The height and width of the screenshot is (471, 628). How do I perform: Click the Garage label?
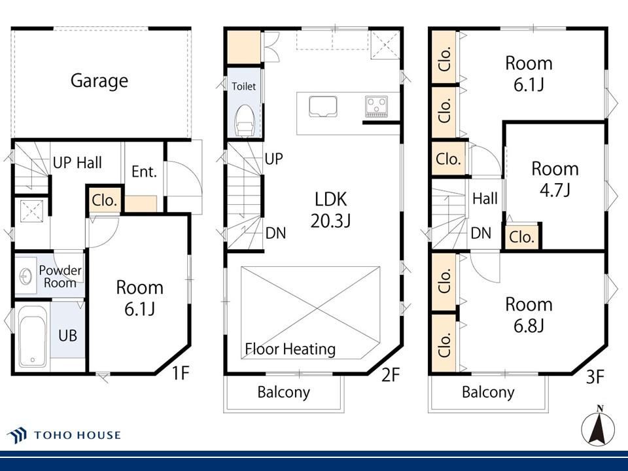click(x=99, y=81)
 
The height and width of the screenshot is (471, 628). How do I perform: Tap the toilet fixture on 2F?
click(x=245, y=120)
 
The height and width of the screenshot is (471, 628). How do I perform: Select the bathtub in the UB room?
click(x=33, y=336)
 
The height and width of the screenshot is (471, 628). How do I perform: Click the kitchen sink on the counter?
click(x=323, y=107)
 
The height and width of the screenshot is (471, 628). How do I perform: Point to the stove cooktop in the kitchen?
click(x=377, y=106)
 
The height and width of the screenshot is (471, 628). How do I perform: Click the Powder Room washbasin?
click(x=26, y=276)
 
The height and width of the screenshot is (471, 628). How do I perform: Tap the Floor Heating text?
click(x=290, y=349)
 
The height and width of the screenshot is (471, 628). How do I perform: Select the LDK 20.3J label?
click(x=330, y=209)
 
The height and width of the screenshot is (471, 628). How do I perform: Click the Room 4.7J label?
click(x=555, y=179)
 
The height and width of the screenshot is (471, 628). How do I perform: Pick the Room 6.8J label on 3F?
click(x=529, y=315)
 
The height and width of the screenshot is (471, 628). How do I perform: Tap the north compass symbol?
click(x=598, y=427)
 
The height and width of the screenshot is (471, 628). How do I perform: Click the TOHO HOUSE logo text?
click(x=77, y=435)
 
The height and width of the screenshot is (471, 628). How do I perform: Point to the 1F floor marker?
click(x=181, y=373)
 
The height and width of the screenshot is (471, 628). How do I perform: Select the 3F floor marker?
click(x=595, y=377)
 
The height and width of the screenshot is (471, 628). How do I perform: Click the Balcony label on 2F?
click(x=283, y=392)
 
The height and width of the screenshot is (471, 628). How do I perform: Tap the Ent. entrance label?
click(x=144, y=172)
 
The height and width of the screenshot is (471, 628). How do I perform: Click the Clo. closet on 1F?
click(x=104, y=200)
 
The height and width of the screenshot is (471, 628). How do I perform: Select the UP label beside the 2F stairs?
click(x=274, y=159)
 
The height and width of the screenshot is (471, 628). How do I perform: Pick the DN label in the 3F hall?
click(x=481, y=233)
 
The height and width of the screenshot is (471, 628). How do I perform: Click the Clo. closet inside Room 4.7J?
click(x=521, y=237)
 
